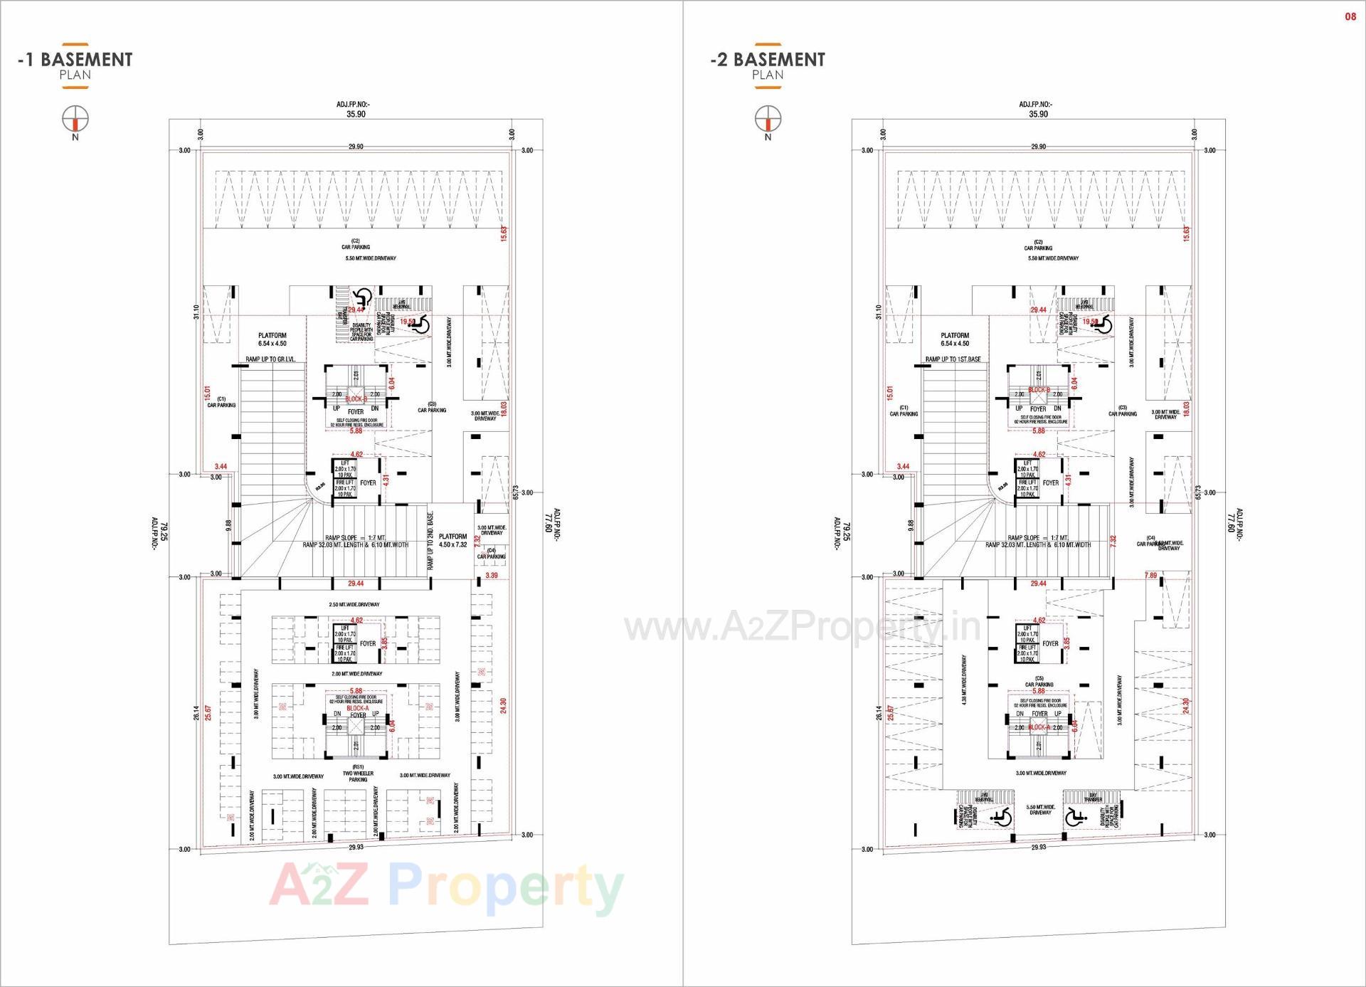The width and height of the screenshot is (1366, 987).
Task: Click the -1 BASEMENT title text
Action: click(75, 60)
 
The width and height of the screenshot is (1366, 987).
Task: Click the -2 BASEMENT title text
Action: click(768, 60)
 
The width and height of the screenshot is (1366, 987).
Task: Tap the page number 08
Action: click(1350, 16)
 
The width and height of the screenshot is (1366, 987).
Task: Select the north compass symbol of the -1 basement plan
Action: click(75, 118)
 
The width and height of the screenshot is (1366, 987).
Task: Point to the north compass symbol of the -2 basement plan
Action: click(768, 118)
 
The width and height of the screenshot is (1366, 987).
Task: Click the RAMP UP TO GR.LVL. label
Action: click(270, 359)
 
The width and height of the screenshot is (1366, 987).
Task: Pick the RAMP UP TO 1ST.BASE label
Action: click(953, 359)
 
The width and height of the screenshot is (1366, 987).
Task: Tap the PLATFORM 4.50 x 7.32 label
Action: click(452, 541)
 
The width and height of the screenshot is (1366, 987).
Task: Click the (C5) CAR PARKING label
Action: click(1039, 682)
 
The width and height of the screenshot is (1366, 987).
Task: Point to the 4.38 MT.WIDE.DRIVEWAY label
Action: click(964, 680)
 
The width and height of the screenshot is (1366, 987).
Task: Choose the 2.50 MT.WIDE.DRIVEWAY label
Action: click(354, 605)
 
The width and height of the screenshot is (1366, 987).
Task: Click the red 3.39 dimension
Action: click(492, 576)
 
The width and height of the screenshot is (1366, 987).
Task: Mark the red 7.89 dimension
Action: click(1150, 576)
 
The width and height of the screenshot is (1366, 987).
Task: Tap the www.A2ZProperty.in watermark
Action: click(803, 627)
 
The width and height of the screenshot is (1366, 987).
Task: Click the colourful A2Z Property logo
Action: click(446, 887)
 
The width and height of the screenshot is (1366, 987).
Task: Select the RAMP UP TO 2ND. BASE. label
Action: click(430, 541)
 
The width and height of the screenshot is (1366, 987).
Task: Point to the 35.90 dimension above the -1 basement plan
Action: click(356, 114)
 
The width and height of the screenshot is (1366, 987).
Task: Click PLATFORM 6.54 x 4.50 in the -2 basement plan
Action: click(955, 339)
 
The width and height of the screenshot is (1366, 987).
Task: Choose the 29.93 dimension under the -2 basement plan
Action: click(1038, 848)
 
